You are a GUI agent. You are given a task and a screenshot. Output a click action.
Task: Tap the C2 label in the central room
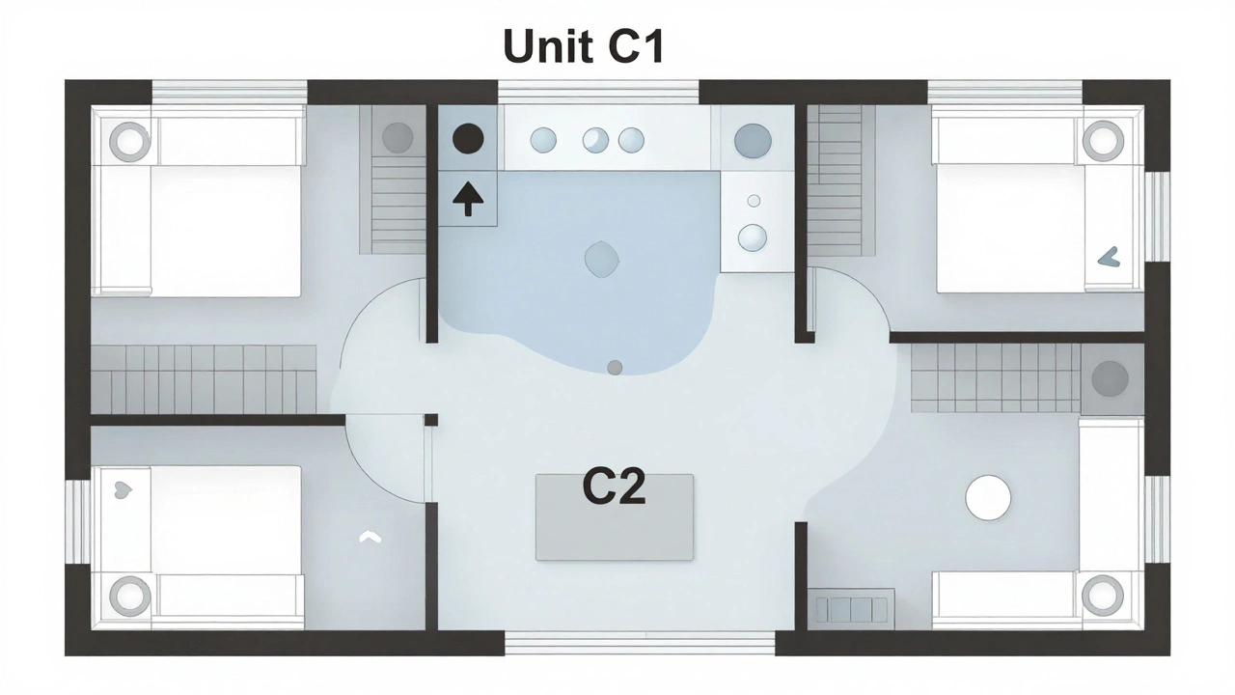pyautogui.click(x=614, y=488)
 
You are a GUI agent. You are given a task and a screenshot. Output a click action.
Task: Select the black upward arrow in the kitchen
pyautogui.click(x=468, y=200)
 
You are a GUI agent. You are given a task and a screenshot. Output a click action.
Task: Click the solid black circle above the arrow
pyautogui.click(x=468, y=139)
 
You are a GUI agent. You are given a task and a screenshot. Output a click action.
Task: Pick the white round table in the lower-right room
pyautogui.click(x=988, y=497)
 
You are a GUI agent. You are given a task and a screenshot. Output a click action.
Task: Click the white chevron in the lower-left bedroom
pyautogui.click(x=370, y=537)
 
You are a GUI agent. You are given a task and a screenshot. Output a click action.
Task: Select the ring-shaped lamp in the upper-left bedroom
pyautogui.click(x=130, y=142)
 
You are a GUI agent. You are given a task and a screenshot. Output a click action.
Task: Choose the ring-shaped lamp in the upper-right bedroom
pyautogui.click(x=1103, y=141)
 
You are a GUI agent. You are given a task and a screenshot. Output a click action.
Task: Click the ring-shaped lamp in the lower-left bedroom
pyautogui.click(x=129, y=596)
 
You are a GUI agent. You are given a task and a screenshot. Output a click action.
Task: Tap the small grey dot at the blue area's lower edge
pyautogui.click(x=615, y=367)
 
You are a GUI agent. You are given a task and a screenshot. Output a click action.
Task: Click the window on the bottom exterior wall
pyautogui.click(x=639, y=641)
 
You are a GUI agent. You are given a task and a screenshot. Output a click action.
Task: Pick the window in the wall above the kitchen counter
pyautogui.click(x=598, y=92)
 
